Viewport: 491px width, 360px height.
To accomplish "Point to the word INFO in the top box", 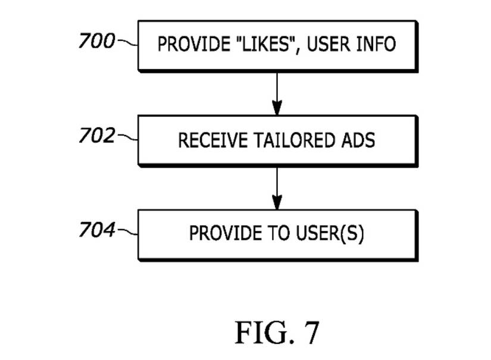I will click(375, 45).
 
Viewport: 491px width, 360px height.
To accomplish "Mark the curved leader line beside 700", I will click(128, 43).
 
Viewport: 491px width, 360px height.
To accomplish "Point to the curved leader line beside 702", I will click(128, 137).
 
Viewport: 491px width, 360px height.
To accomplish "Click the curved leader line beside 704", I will click(128, 231).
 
